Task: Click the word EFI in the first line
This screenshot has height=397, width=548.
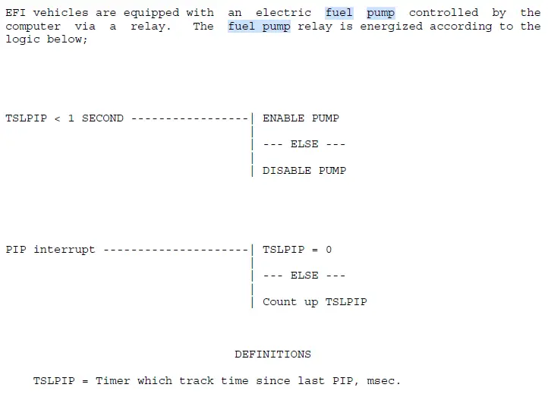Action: point(15,13)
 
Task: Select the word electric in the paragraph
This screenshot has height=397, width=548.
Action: point(283,13)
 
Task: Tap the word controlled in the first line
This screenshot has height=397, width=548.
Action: point(443,13)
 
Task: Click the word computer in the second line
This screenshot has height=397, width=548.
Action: point(33,27)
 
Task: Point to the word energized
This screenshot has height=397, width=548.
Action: point(391,27)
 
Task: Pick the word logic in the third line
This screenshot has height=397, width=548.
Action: point(23,39)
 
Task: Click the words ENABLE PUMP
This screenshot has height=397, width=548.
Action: point(301,118)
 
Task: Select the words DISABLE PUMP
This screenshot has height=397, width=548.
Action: point(304,171)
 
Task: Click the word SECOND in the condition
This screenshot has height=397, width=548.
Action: point(102,118)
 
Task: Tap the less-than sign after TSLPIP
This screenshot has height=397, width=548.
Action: point(58,119)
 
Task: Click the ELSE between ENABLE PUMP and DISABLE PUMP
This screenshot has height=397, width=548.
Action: point(304,144)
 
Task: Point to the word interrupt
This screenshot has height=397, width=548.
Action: point(65,250)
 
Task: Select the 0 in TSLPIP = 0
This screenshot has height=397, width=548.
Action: point(329,250)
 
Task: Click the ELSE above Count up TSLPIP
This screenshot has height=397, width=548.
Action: point(304,276)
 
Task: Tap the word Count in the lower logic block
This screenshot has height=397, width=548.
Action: point(279,302)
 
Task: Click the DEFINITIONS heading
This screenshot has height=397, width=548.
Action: point(273,354)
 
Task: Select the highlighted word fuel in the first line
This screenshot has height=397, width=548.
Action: point(339,13)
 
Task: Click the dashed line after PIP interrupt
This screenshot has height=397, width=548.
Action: point(176,250)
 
